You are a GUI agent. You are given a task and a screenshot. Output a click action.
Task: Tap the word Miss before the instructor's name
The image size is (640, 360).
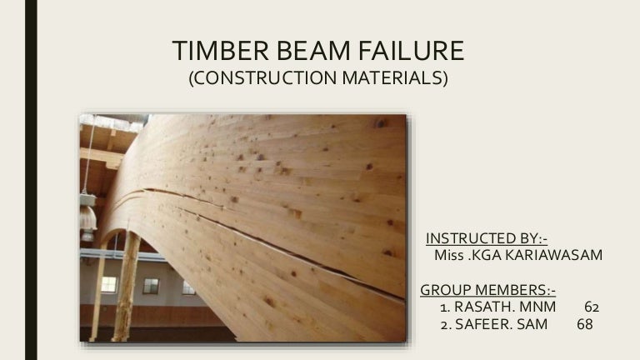click(451, 255)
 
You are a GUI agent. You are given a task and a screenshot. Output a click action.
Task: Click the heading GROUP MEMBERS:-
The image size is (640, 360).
click(487, 290)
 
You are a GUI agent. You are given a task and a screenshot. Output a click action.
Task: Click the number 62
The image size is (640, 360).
click(592, 307)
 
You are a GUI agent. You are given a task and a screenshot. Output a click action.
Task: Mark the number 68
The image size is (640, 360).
click(585, 324)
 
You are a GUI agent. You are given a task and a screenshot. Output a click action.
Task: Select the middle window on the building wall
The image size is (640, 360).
click(151, 286)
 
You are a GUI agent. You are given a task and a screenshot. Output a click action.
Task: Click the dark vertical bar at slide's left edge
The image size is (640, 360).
click(31, 180)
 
